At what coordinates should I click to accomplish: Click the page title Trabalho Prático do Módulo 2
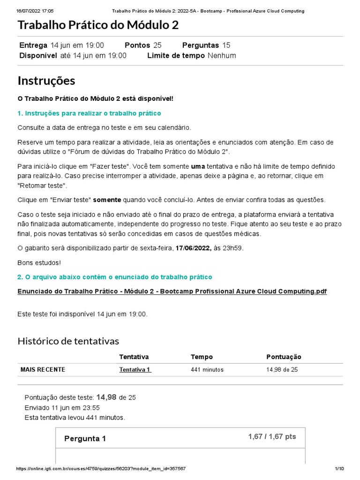point(98,25)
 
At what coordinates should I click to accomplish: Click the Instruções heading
point(46,81)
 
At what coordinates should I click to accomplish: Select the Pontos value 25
point(157,45)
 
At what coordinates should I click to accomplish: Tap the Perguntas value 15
point(226,45)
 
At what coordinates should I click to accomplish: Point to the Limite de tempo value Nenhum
point(222,55)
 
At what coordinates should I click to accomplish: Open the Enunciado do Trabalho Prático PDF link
point(172,291)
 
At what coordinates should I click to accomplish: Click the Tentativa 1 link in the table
point(135,369)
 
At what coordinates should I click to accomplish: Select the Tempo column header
point(202,357)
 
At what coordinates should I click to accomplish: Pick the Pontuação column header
point(284,357)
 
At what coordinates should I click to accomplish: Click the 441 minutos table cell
point(207,369)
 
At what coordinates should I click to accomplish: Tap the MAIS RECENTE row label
point(43,369)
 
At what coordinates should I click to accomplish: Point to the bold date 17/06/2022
point(194,248)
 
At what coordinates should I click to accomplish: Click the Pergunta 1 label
point(85,439)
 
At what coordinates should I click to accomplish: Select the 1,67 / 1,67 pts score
point(272,436)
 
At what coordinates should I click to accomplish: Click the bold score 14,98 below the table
point(106,397)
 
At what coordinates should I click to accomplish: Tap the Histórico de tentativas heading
point(68,341)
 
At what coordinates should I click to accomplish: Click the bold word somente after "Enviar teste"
point(107,200)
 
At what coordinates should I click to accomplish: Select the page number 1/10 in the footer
point(339,469)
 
